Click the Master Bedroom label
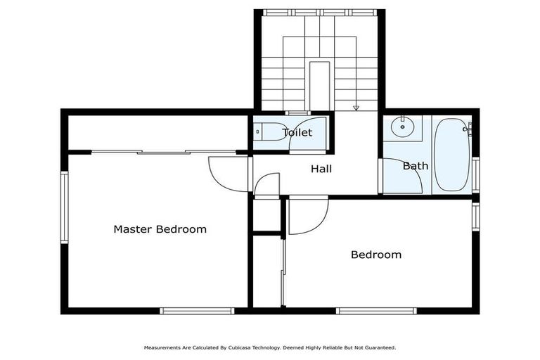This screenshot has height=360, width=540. pyautogui.click(x=160, y=229)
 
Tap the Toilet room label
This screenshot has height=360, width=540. pyautogui.click(x=297, y=132)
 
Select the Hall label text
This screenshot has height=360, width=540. pyautogui.click(x=321, y=169)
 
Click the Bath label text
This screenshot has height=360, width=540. pyautogui.click(x=415, y=166)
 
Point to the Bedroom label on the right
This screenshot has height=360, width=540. pyautogui.click(x=376, y=255)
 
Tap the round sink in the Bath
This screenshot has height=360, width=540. pyautogui.click(x=402, y=127)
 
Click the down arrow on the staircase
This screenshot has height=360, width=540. pyautogui.click(x=356, y=107)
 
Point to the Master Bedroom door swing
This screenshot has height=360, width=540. pyautogui.click(x=226, y=174)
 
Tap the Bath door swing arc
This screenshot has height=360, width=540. pyautogui.click(x=401, y=176)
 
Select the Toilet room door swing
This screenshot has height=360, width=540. pyautogui.click(x=309, y=135)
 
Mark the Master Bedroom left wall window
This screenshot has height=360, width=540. pyautogui.click(x=64, y=207)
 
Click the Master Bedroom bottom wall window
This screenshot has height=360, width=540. pyautogui.click(x=197, y=310)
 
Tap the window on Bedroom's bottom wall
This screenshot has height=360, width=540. pyautogui.click(x=376, y=310)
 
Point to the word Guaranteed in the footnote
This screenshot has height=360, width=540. pyautogui.click(x=379, y=347)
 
